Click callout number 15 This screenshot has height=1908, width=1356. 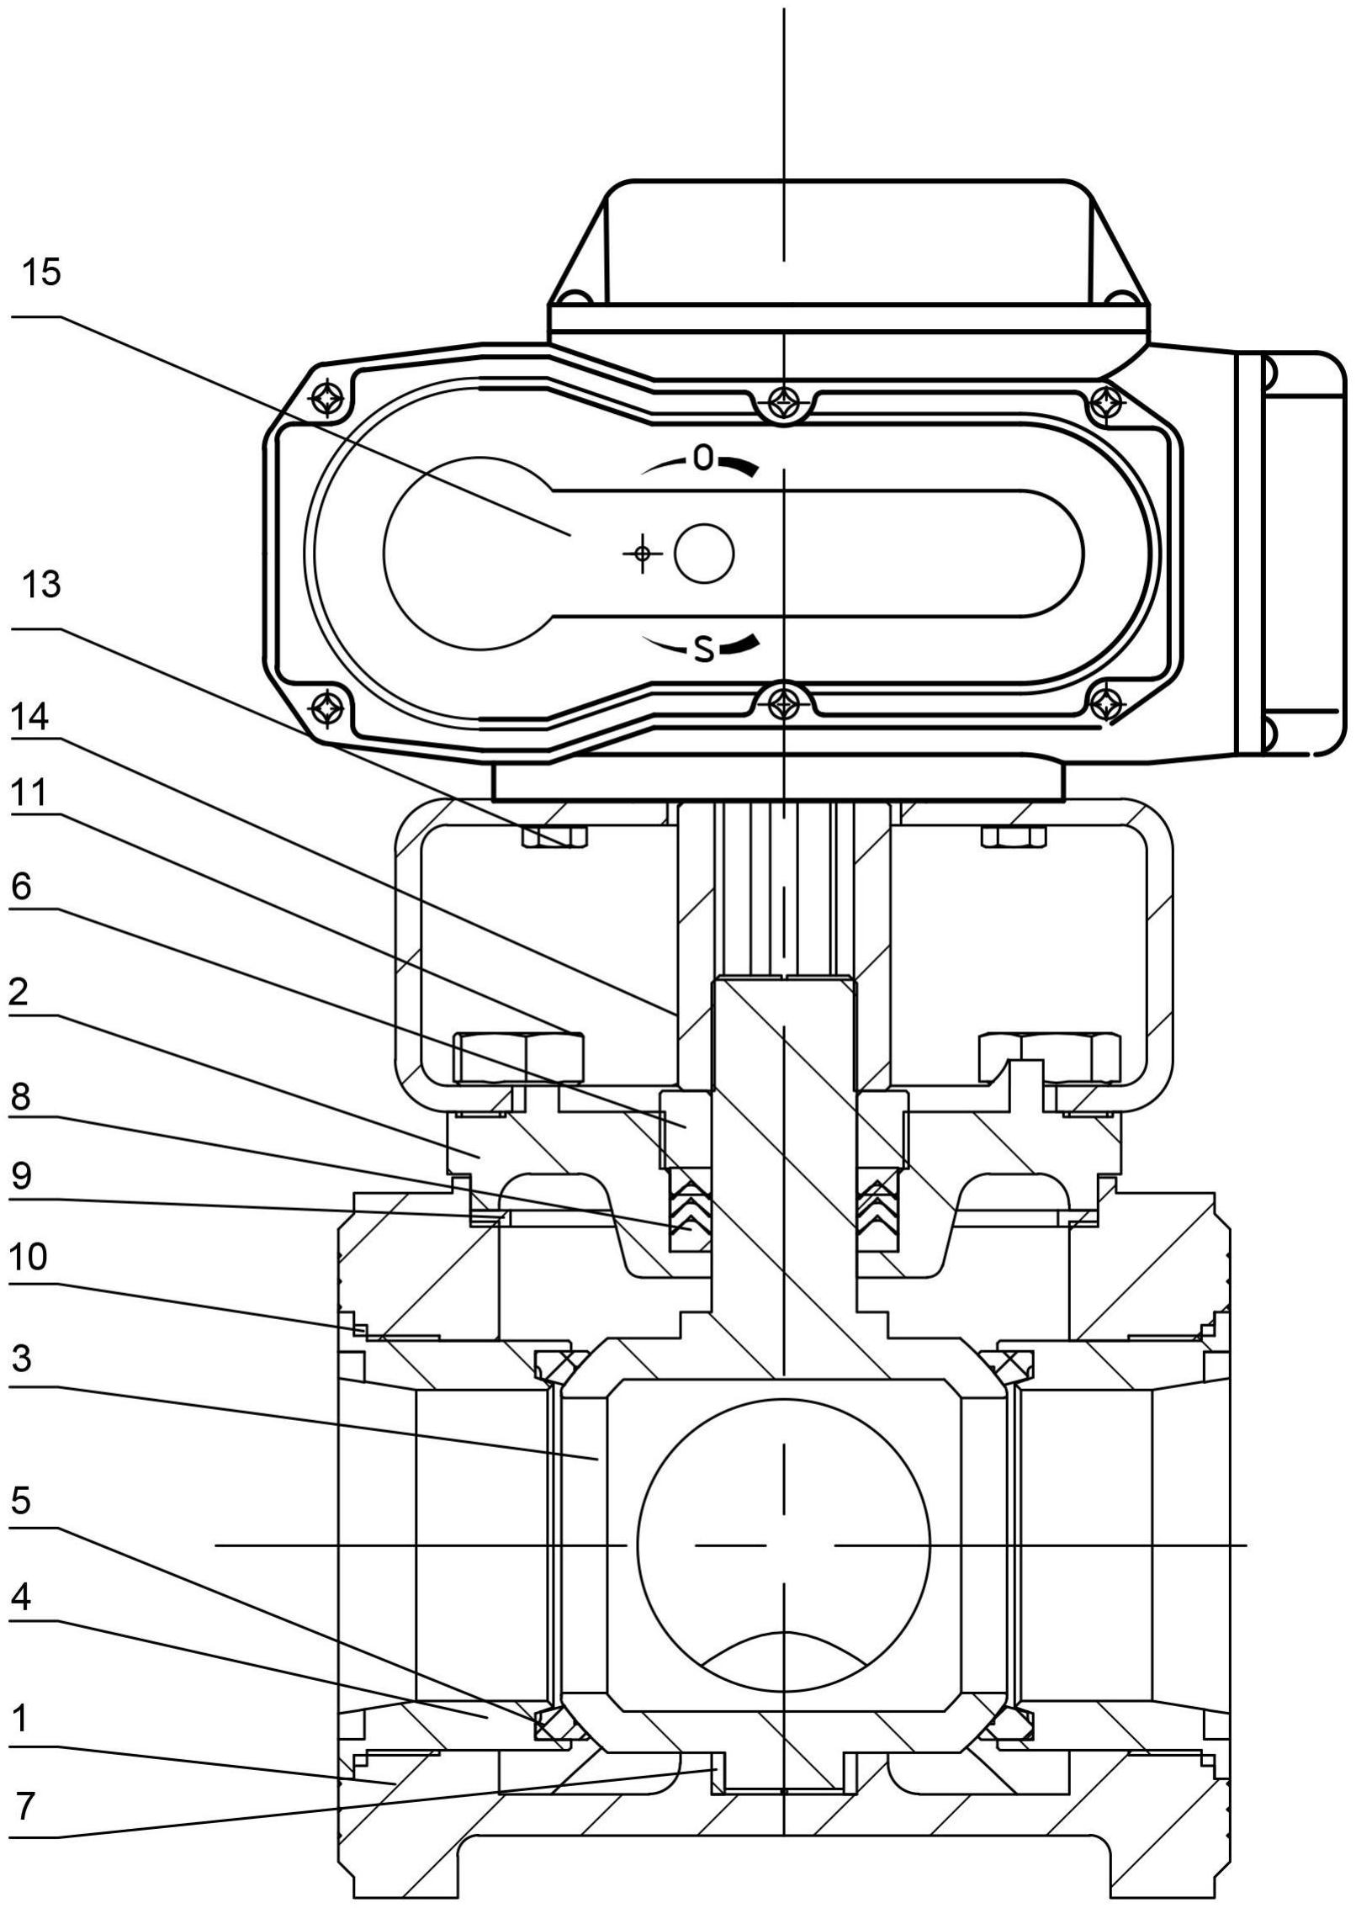click(x=41, y=273)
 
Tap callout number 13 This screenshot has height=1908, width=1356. click(x=41, y=585)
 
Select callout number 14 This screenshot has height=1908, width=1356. click(x=30, y=718)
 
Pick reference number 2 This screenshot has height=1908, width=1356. click(x=20, y=994)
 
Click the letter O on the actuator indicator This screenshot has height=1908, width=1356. click(x=703, y=458)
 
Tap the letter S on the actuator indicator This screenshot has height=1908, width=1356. click(x=704, y=649)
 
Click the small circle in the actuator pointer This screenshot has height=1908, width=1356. click(x=705, y=554)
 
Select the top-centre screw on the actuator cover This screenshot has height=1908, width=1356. click(x=784, y=395)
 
